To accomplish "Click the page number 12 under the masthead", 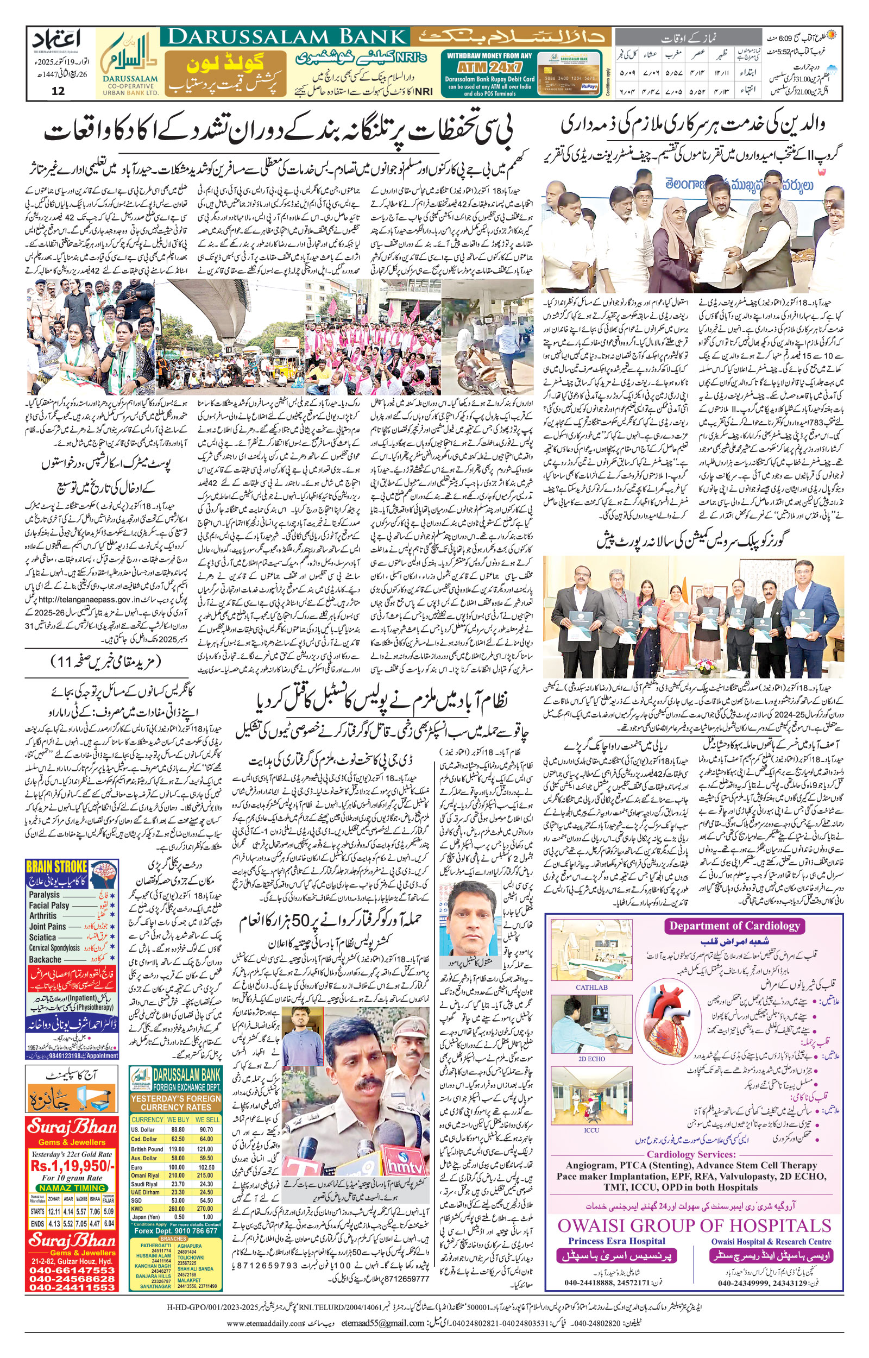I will click(58, 91).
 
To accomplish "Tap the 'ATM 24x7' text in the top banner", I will click(489, 67).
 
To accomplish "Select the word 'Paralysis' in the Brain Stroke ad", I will click(45, 895).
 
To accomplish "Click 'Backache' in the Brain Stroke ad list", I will click(45, 960).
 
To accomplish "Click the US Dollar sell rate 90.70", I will click(206, 1130).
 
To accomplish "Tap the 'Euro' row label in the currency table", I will click(136, 1167).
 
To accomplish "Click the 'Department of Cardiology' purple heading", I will click(735, 926).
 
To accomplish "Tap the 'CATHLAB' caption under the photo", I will click(591, 988).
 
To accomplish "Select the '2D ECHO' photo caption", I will click(591, 1059).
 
